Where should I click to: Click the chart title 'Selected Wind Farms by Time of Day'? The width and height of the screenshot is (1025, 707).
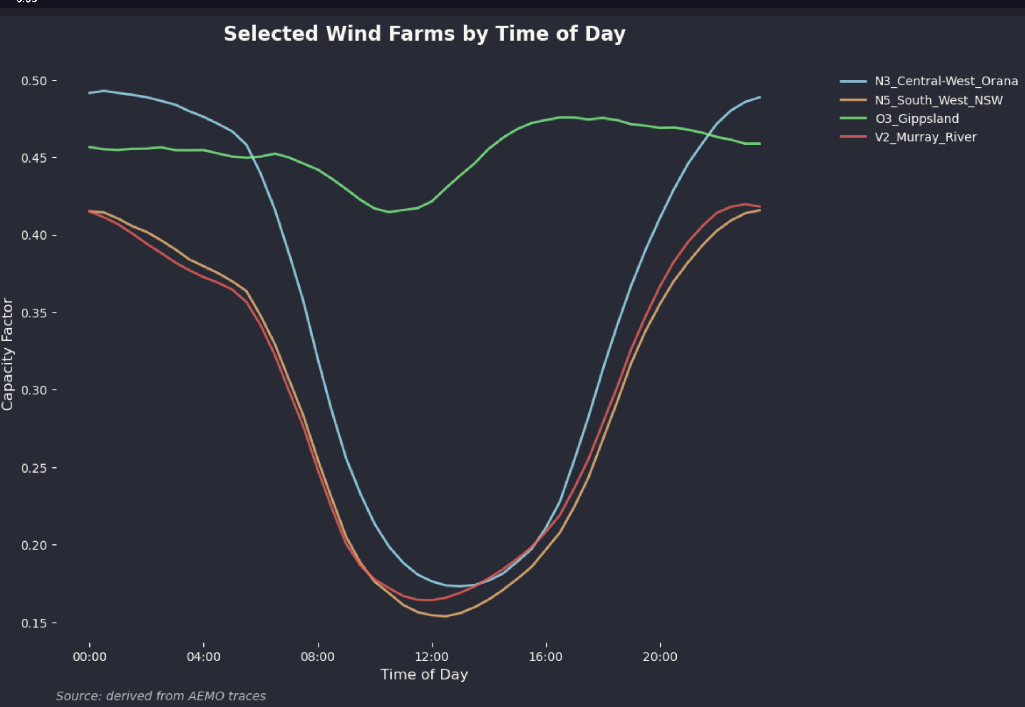(x=424, y=34)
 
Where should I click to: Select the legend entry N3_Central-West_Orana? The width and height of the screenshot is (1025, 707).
(x=946, y=81)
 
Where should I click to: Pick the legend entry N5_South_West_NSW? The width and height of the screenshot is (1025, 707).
(x=938, y=100)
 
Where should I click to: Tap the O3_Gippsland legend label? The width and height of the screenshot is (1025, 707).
(x=917, y=119)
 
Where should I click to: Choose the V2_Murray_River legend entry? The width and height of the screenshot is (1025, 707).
(x=925, y=137)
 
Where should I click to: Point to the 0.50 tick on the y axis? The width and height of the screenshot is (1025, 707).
(x=34, y=81)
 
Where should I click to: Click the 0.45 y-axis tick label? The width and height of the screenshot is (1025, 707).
(x=34, y=158)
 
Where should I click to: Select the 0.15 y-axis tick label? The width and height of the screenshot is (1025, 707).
(x=34, y=623)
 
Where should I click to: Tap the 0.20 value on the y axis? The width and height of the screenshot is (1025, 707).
(x=34, y=545)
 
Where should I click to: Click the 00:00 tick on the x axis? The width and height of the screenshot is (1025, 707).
(x=89, y=657)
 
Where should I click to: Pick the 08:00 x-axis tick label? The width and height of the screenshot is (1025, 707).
(x=318, y=657)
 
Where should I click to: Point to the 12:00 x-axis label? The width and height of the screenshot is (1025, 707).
(x=432, y=657)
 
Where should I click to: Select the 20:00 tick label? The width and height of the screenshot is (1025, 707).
(x=660, y=657)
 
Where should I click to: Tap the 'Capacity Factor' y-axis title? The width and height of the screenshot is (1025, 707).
(x=8, y=354)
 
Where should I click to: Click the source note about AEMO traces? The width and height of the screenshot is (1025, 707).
(x=161, y=696)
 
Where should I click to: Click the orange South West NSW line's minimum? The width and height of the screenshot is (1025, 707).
(x=445, y=616)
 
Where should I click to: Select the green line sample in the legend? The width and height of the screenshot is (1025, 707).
(x=853, y=119)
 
